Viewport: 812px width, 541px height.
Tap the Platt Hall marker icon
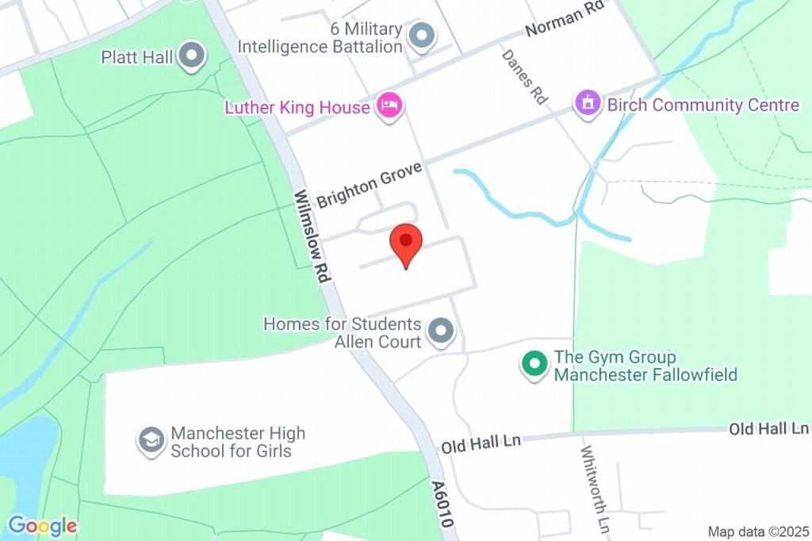[x=191, y=56]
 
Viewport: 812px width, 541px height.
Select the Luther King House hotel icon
[x=389, y=106]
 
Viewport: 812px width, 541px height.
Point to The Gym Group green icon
[x=534, y=365]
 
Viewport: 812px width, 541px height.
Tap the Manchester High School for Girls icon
[x=151, y=440]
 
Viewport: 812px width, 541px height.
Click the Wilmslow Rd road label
[x=312, y=236]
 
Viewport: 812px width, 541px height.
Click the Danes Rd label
[x=524, y=76]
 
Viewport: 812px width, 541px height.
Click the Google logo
[x=43, y=525]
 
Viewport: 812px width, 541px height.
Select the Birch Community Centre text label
[x=703, y=105]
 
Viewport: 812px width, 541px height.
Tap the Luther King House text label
[x=297, y=107]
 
